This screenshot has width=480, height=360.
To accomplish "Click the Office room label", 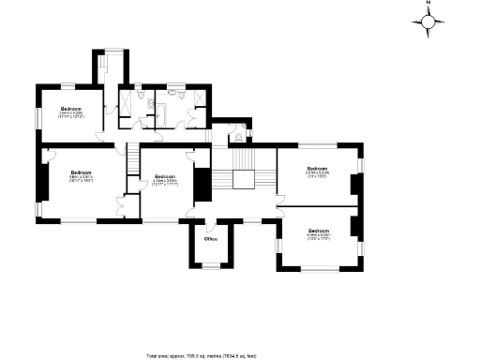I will pyautogui.click(x=210, y=239).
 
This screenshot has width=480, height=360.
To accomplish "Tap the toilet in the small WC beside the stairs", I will pyautogui.click(x=237, y=137).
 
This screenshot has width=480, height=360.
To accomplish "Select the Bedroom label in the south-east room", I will pyautogui.click(x=318, y=231).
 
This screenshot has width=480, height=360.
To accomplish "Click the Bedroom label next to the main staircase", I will pyautogui.click(x=164, y=176).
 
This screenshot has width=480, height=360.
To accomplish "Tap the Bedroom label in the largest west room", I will pyautogui.click(x=81, y=173).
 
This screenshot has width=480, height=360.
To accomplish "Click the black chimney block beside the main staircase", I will pyautogui.click(x=200, y=183).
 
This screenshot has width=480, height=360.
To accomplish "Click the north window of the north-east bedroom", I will pyautogui.click(x=317, y=144).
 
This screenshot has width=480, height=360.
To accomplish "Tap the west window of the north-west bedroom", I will pyautogui.click(x=38, y=117).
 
